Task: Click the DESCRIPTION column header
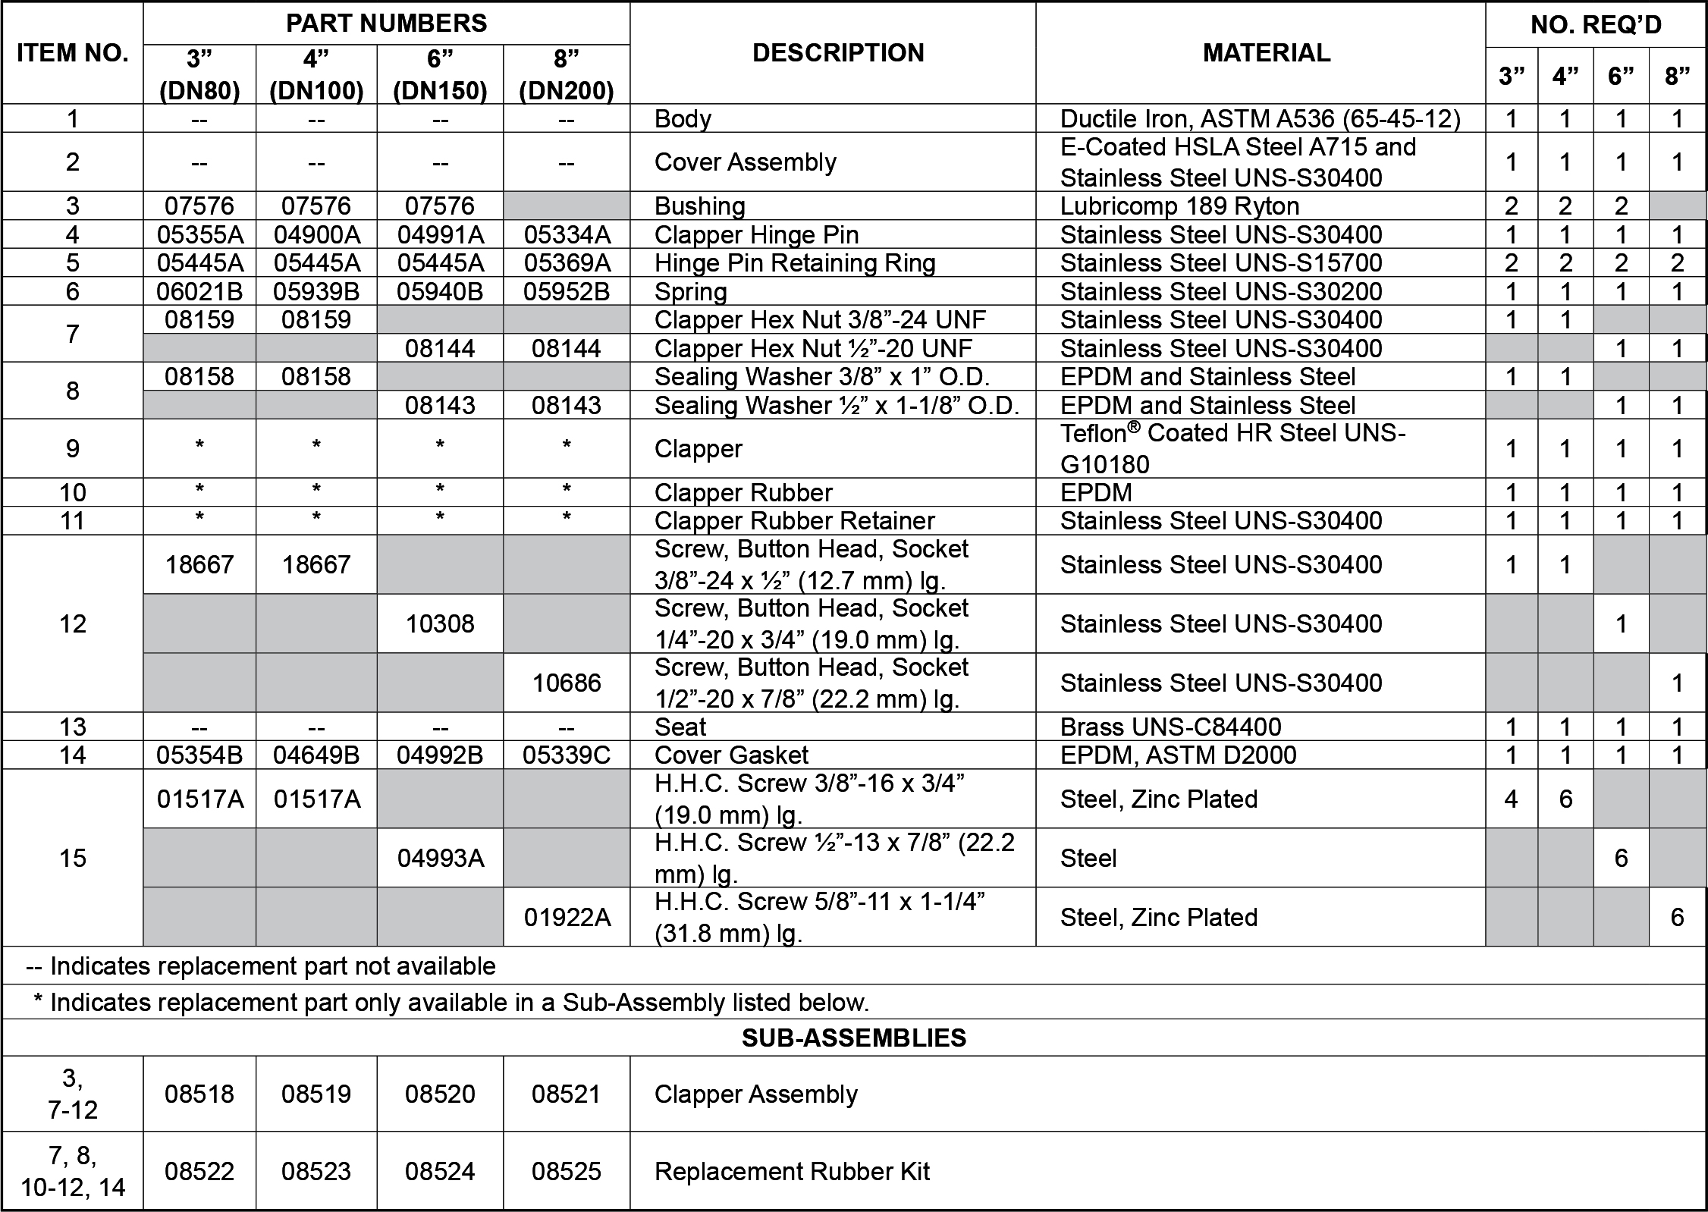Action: pyautogui.click(x=838, y=53)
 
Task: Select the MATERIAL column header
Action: pyautogui.click(x=1266, y=53)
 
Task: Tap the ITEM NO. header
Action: pyautogui.click(x=73, y=53)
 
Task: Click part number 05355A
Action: pyautogui.click(x=200, y=234)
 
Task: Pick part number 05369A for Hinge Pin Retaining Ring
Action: pyautogui.click(x=567, y=263)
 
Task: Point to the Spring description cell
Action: pyautogui.click(x=690, y=292)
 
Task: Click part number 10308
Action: pyautogui.click(x=440, y=624)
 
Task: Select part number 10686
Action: pyautogui.click(x=567, y=683)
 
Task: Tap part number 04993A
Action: pyautogui.click(x=440, y=859)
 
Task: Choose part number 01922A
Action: pyautogui.click(x=567, y=918)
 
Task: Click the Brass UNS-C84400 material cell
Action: pyautogui.click(x=1170, y=727)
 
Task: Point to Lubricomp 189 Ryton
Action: pyautogui.click(x=1179, y=206)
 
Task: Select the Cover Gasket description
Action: pyautogui.click(x=731, y=755)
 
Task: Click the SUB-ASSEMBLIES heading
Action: pyautogui.click(x=853, y=1038)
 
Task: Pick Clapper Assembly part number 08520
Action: pyautogui.click(x=440, y=1094)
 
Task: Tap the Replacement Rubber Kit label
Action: pyautogui.click(x=792, y=1172)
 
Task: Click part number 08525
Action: pyautogui.click(x=567, y=1172)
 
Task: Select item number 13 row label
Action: pyautogui.click(x=73, y=727)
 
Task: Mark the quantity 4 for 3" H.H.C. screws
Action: pyautogui.click(x=1511, y=799)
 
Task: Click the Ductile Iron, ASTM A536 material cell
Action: pyautogui.click(x=1260, y=119)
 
